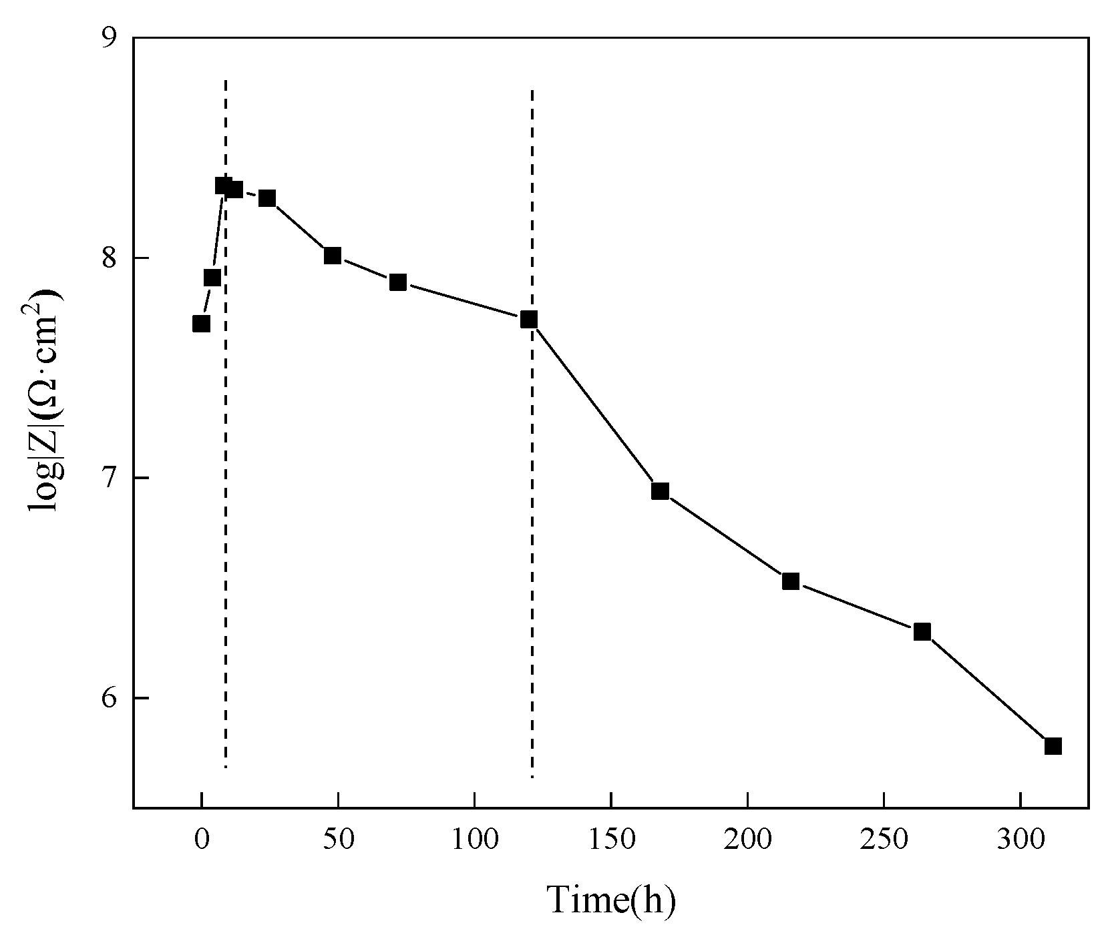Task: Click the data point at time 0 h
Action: point(201,324)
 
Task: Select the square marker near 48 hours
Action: point(333,256)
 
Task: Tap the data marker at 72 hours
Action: point(398,282)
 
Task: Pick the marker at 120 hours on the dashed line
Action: point(529,320)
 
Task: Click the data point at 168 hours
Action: point(660,491)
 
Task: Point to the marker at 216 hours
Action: point(791,581)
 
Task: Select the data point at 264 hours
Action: point(922,631)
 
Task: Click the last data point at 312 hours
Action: point(1053,746)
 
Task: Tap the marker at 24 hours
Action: point(267,198)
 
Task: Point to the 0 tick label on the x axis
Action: point(201,840)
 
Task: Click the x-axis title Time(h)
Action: point(612,900)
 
